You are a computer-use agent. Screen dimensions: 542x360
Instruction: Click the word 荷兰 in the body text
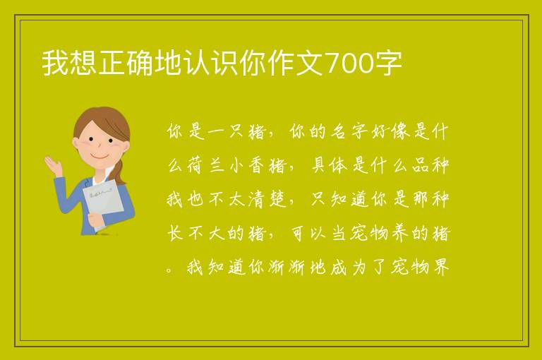coord(205,166)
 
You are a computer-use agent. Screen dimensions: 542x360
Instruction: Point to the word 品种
coord(430,166)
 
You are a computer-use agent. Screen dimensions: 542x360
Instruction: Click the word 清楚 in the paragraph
coord(267,200)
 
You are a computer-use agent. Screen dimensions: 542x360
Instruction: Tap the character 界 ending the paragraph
coord(441,268)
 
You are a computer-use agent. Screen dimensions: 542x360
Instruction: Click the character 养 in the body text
coord(400,234)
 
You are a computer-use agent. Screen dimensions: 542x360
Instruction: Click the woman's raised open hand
coord(52,165)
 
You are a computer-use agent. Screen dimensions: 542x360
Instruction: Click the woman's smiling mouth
coord(100,156)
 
